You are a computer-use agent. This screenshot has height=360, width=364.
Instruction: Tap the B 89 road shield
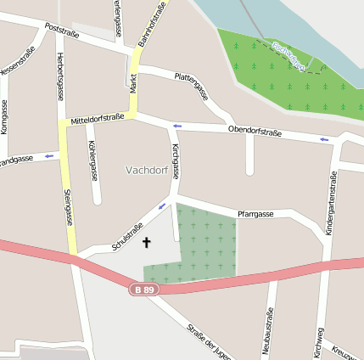(145, 290)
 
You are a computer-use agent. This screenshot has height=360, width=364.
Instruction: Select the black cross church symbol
(146, 243)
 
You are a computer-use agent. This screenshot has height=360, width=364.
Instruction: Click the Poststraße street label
(62, 31)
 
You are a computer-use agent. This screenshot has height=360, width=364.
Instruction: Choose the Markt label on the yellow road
(133, 83)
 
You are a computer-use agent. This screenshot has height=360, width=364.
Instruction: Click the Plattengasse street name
(192, 86)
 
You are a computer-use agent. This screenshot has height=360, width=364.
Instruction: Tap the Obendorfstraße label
(255, 132)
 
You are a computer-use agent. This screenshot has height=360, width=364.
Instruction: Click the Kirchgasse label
(176, 161)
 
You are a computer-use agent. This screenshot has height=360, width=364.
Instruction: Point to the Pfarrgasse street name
(255, 214)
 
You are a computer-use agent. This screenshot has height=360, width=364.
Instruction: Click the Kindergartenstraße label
(333, 204)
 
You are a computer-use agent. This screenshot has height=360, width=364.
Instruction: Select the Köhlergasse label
(92, 161)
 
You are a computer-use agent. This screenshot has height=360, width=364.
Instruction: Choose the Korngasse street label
(5, 117)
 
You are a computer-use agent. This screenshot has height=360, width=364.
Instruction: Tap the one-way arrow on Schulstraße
(163, 206)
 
